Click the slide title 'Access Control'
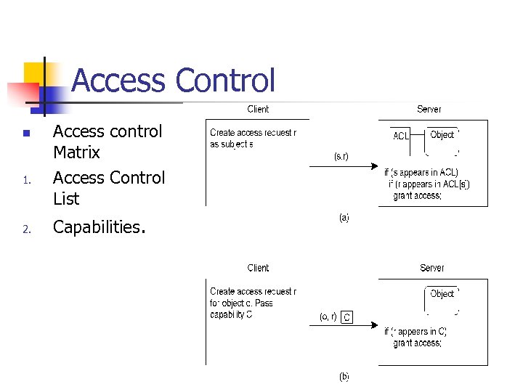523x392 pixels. point(174,81)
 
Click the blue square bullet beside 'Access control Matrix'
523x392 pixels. point(25,134)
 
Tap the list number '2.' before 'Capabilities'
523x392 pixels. point(25,230)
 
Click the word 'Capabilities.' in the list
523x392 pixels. point(100,227)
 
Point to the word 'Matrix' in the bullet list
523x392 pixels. point(76,152)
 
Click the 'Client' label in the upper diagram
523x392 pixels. point(258,109)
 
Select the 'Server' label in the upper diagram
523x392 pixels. point(429,109)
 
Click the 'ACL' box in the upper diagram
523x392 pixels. point(401,136)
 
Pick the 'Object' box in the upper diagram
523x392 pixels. point(442,135)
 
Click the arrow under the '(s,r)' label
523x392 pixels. point(341,167)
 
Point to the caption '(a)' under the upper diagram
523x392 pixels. point(344,217)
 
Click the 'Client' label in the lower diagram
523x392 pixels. point(258,268)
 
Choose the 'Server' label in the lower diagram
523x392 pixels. point(431,268)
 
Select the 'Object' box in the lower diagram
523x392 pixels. point(442,294)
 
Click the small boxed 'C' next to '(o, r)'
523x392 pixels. point(347,317)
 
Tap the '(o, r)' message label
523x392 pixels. point(328,317)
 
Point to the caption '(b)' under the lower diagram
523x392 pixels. point(344,377)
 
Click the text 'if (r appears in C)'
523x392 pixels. point(415,332)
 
